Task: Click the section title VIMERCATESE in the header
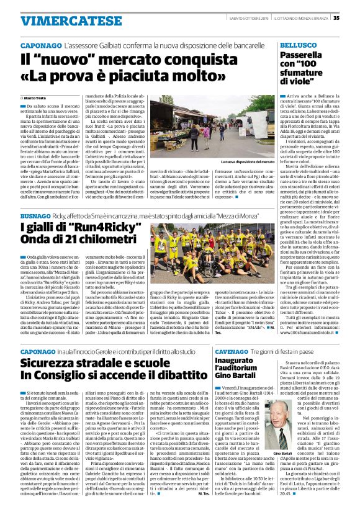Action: (x=55, y=20)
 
